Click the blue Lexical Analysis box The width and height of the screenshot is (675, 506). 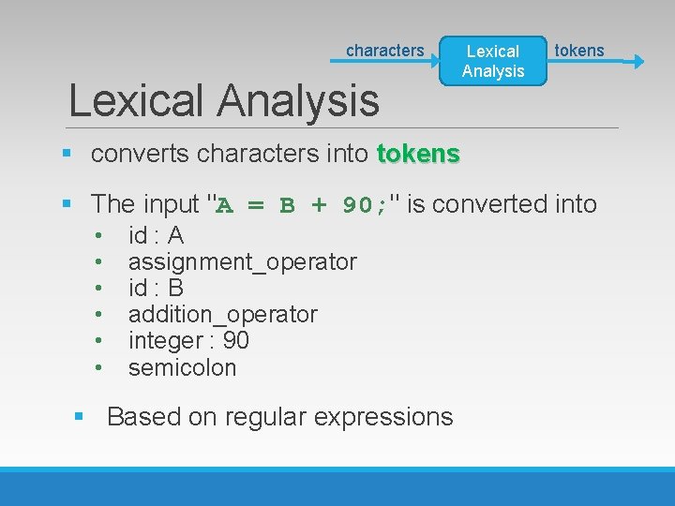click(x=493, y=61)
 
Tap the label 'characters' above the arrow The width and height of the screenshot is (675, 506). click(x=384, y=51)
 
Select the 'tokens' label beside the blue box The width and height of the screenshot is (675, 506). click(x=579, y=51)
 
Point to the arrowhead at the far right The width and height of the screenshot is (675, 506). click(x=638, y=62)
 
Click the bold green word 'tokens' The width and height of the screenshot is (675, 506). click(x=418, y=154)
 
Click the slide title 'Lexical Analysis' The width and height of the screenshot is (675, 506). click(x=224, y=100)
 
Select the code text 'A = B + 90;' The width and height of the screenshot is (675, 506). click(x=302, y=204)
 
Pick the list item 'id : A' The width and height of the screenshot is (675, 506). click(x=156, y=235)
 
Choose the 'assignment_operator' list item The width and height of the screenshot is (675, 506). click(x=242, y=261)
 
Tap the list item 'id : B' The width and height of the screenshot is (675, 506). click(x=156, y=288)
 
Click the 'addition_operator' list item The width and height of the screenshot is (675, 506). click(x=222, y=314)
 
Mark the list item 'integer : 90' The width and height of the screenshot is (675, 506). click(x=188, y=340)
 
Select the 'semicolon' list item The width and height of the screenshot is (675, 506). click(x=182, y=367)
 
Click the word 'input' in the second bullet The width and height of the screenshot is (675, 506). click(x=172, y=203)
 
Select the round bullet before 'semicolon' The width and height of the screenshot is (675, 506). click(x=98, y=367)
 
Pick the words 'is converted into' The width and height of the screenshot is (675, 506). click(x=502, y=203)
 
